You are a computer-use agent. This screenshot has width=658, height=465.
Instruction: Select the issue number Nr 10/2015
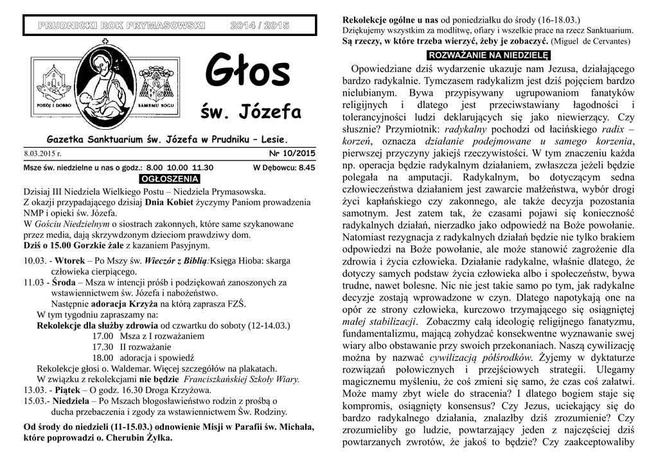292,153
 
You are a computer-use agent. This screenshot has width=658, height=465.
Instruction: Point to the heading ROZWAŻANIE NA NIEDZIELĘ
489,55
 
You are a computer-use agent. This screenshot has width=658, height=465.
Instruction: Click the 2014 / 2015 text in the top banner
260,25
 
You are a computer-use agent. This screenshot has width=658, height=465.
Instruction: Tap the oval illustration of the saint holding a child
103,82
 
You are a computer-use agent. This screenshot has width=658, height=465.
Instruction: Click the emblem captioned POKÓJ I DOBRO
52,82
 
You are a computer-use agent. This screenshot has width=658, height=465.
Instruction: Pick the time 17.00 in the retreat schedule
103,336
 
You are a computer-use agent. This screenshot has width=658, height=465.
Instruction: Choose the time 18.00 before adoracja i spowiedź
103,358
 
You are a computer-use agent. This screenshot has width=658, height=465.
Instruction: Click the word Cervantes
610,42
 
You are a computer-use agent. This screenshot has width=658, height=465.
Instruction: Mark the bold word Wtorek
69,260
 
